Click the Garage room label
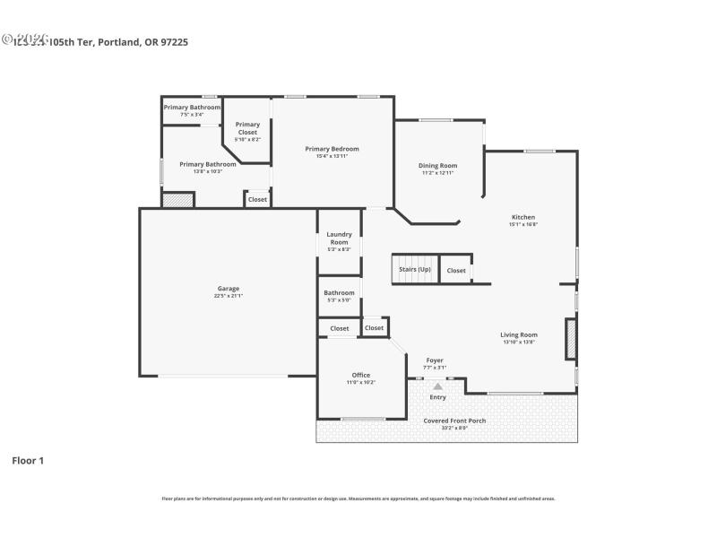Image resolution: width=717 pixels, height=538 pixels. point(228,288)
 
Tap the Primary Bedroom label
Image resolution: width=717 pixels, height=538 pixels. point(332,149)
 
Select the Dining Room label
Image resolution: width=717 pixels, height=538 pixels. point(438,165)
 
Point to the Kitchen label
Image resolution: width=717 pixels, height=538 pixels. point(523,217)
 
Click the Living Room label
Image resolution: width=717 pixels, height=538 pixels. point(518,334)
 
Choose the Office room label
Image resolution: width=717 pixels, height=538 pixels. point(360,375)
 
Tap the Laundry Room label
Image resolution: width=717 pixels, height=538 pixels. point(339,238)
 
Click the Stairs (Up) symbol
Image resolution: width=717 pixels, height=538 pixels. point(413,270)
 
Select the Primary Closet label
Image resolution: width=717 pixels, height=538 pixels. point(247,128)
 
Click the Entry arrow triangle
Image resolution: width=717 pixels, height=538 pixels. point(437,386)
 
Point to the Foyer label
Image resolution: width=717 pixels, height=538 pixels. point(435,360)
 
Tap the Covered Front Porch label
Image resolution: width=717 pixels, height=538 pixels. point(454,421)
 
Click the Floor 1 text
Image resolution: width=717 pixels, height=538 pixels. point(28,460)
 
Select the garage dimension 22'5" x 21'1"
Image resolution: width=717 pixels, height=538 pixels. point(229,295)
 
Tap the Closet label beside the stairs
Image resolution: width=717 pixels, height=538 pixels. point(456,270)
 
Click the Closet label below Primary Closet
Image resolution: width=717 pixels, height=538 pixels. point(257,199)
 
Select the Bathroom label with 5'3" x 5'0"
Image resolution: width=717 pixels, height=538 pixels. point(339,292)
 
